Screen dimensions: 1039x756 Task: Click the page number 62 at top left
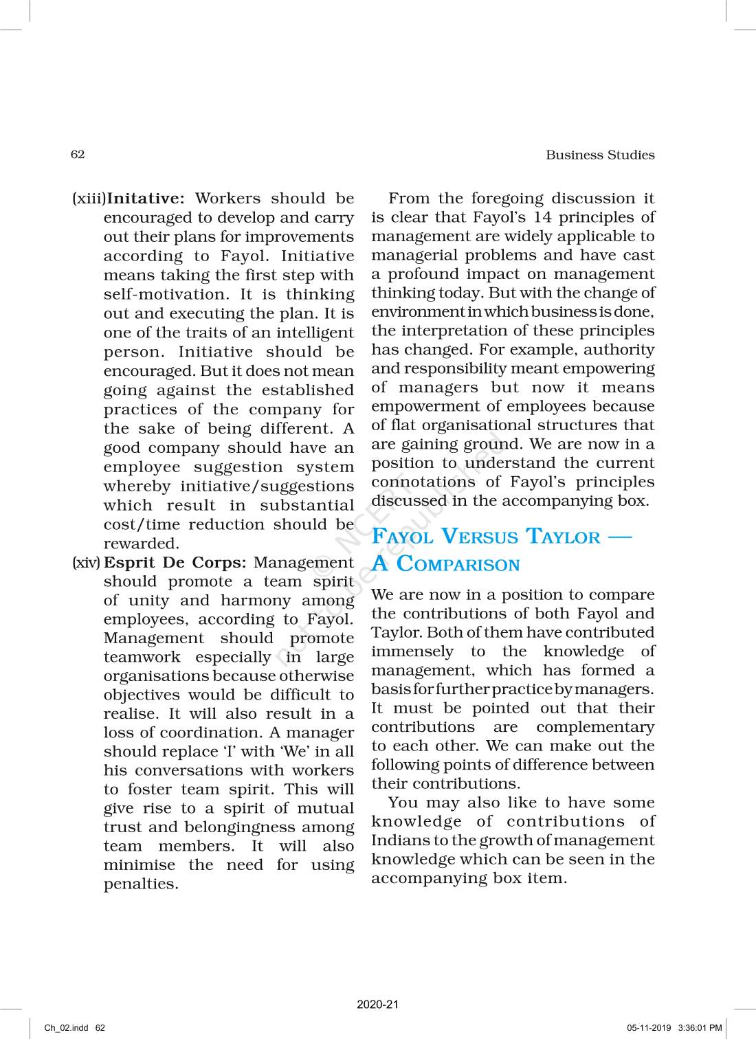pos(78,154)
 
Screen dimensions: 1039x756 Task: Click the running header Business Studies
pos(600,155)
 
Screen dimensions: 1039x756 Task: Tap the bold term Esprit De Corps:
pos(175,562)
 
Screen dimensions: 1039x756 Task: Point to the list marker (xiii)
pos(89,199)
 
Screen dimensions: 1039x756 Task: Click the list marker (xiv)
pos(87,562)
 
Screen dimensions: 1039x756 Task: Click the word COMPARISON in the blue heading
pos(458,565)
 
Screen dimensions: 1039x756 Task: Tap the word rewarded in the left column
pos(141,544)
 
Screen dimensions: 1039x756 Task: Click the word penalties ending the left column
pos(140,884)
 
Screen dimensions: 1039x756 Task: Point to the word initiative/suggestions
pos(267,486)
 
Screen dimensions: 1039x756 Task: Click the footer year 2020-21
pos(377,1004)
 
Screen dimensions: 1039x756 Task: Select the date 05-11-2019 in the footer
pos(648,1028)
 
